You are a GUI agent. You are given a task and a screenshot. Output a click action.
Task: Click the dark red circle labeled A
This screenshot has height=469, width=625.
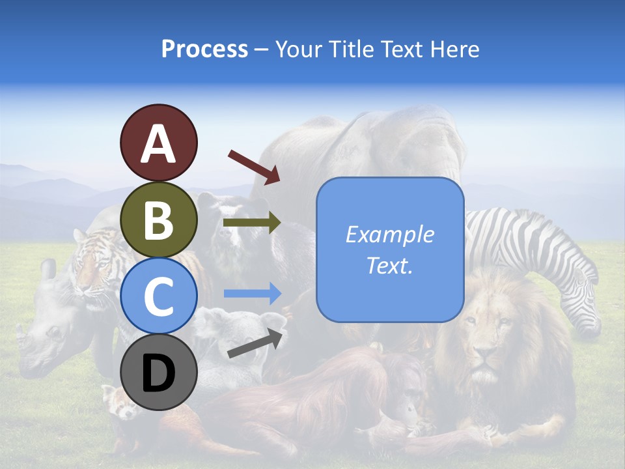(158, 143)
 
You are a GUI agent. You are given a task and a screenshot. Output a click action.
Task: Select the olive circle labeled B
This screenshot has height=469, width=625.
(158, 220)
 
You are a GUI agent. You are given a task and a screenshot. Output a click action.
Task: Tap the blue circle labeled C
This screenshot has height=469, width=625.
(158, 296)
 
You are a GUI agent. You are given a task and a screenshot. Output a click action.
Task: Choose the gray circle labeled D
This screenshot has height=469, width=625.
(158, 373)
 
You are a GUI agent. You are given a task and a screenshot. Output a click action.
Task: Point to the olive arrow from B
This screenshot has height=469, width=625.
(252, 223)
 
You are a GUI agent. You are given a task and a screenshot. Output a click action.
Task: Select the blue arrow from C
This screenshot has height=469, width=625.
(252, 294)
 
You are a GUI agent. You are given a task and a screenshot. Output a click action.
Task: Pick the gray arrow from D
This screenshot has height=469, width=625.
(256, 343)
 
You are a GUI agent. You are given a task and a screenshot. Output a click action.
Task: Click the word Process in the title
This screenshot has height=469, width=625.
(204, 49)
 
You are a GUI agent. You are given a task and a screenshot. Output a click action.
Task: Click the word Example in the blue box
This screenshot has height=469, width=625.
(390, 234)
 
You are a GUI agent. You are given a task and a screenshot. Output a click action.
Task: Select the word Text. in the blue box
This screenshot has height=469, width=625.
(390, 265)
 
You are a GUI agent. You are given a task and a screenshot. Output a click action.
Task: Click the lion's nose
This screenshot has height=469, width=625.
(483, 356)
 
